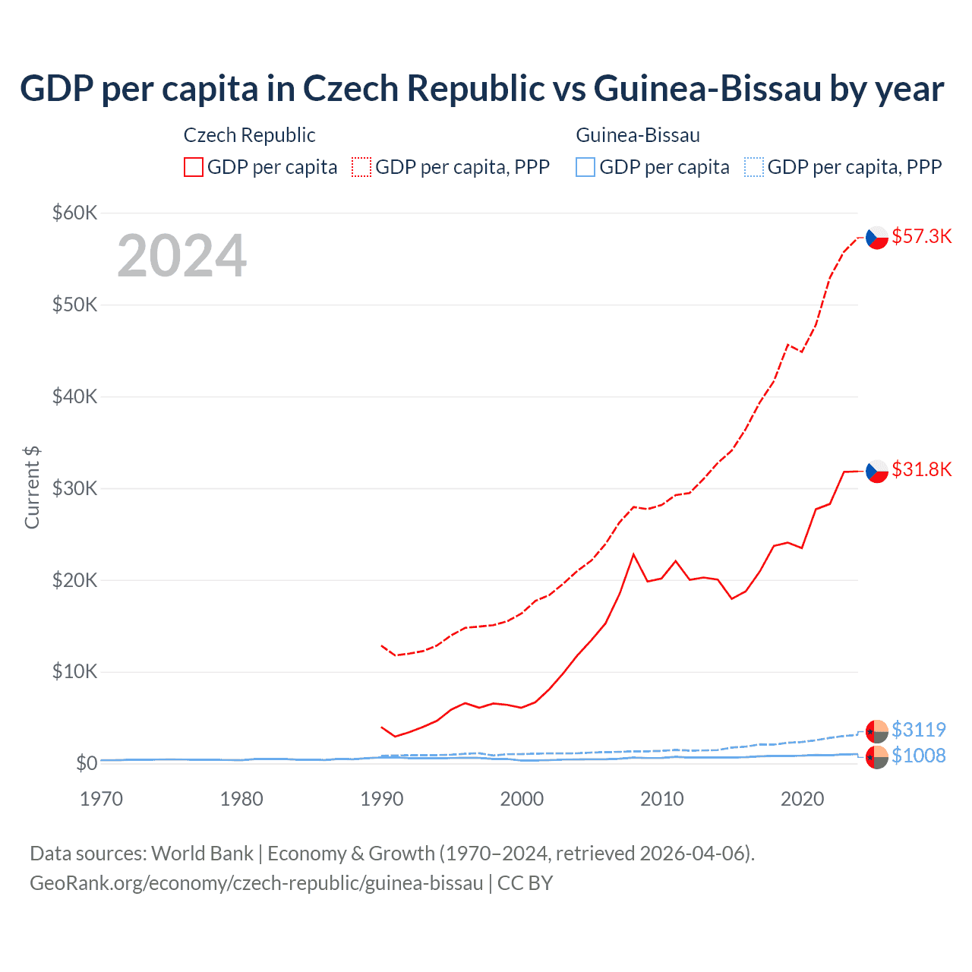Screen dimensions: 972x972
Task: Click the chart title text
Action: [481, 88]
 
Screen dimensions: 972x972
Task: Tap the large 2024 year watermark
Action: [181, 256]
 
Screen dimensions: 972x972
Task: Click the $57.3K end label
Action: [921, 236]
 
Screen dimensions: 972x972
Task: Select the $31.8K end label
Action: [921, 469]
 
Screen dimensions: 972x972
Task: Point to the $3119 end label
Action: [918, 730]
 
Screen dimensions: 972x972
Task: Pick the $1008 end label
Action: [918, 756]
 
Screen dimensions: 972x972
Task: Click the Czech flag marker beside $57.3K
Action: [877, 238]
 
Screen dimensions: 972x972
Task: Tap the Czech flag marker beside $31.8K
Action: [877, 471]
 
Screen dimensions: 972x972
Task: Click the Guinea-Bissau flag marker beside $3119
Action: [877, 731]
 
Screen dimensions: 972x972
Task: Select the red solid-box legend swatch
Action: [194, 167]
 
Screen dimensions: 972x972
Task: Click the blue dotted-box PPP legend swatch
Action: [754, 167]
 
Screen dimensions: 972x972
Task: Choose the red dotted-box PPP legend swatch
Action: [361, 167]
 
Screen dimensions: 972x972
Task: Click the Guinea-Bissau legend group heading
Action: [638, 135]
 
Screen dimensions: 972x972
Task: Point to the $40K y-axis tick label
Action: [74, 396]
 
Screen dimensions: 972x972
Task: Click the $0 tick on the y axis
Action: [87, 763]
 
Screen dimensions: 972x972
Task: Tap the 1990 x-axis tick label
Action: [381, 799]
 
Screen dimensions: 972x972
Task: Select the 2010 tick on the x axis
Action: [661, 799]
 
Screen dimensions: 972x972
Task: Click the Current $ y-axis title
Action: [32, 488]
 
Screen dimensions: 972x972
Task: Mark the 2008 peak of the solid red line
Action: [633, 554]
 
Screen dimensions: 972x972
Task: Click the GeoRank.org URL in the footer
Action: [257, 883]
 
